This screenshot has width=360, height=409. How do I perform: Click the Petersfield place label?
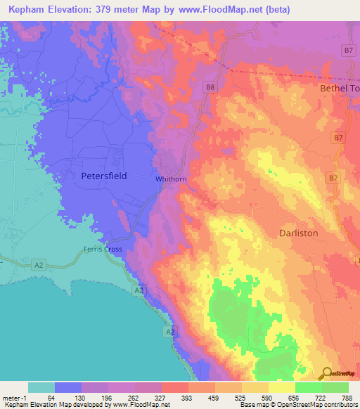(x=103, y=176)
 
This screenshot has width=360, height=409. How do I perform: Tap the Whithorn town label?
(x=171, y=179)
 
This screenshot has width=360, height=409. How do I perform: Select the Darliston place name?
(x=298, y=233)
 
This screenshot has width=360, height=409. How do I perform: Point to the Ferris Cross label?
(x=103, y=249)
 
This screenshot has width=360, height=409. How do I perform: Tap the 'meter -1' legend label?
(x=13, y=398)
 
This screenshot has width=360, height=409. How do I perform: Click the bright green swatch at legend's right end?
(x=335, y=387)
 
